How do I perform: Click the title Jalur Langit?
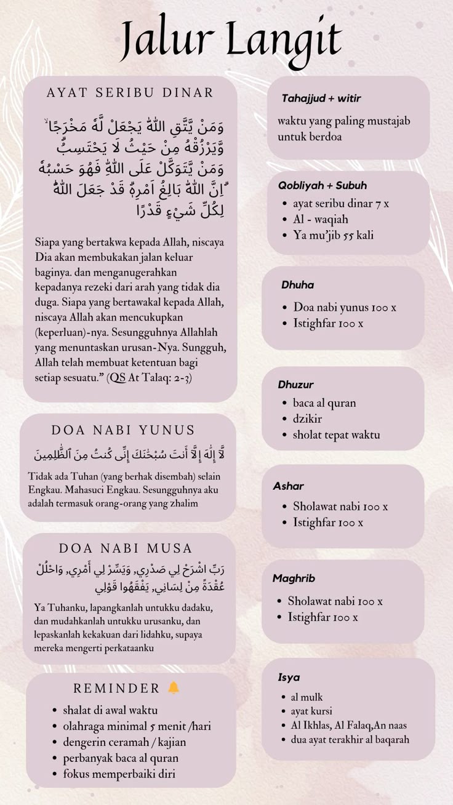[x=230, y=38]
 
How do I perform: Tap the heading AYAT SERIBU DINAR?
[x=130, y=93]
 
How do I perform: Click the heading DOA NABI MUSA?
[x=126, y=548]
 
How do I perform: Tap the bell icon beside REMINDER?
[x=174, y=687]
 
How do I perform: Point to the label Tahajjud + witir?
[x=321, y=98]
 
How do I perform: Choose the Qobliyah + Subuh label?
[x=323, y=185]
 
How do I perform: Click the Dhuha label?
[x=298, y=285]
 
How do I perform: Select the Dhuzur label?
[x=296, y=385]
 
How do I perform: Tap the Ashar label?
[x=289, y=486]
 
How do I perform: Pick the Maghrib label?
[x=294, y=579]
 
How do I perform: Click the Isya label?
[x=289, y=678]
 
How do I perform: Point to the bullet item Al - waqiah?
[x=321, y=219]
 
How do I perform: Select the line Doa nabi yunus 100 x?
[x=345, y=307]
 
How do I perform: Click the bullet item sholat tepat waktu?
[x=336, y=435]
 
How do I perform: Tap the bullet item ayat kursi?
[x=311, y=711]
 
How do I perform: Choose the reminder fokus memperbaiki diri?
[x=119, y=774]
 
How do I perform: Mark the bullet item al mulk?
[x=307, y=697]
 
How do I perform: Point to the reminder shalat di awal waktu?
[x=110, y=710]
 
